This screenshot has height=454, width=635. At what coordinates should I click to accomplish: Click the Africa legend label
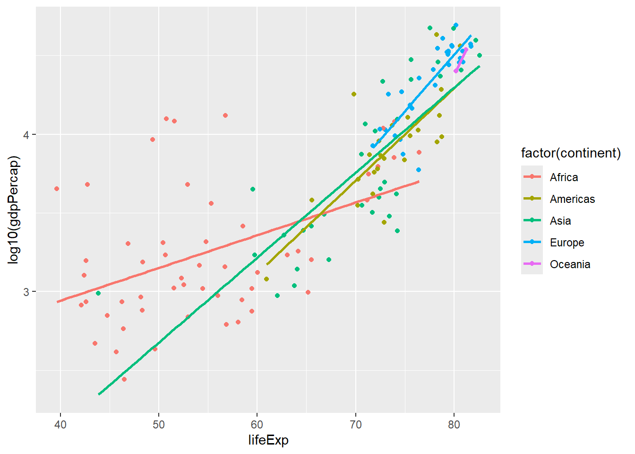[564, 177]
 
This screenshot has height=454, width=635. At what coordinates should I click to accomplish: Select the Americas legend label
[572, 199]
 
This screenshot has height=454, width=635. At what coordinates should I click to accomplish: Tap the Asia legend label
[560, 221]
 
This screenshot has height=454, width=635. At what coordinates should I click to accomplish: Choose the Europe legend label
[567, 243]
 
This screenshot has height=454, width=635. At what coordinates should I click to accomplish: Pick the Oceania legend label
[570, 264]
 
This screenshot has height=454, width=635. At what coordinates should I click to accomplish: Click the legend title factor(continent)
[571, 153]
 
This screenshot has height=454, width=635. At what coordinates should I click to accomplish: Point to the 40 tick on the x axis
[60, 424]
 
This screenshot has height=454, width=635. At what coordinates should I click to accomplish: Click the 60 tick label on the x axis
[257, 424]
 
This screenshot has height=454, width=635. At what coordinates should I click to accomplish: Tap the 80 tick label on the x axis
[454, 424]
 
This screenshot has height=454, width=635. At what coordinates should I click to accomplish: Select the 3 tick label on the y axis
[26, 292]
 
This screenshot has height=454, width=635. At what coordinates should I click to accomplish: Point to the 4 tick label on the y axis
[26, 135]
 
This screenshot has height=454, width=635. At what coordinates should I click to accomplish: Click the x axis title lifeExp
[268, 440]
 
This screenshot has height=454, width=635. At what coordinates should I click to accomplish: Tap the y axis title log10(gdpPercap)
[14, 210]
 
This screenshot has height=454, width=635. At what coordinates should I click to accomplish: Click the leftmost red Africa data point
[57, 189]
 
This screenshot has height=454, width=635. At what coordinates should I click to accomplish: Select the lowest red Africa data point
[124, 379]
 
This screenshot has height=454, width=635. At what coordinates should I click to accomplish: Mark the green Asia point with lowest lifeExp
[98, 293]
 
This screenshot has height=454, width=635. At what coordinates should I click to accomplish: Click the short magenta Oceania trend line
[461, 60]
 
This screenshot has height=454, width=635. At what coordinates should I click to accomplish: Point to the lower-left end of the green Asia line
[99, 393]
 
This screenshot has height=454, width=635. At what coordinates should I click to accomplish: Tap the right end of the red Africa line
[418, 182]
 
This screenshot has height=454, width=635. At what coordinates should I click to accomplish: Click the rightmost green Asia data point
[480, 55]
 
